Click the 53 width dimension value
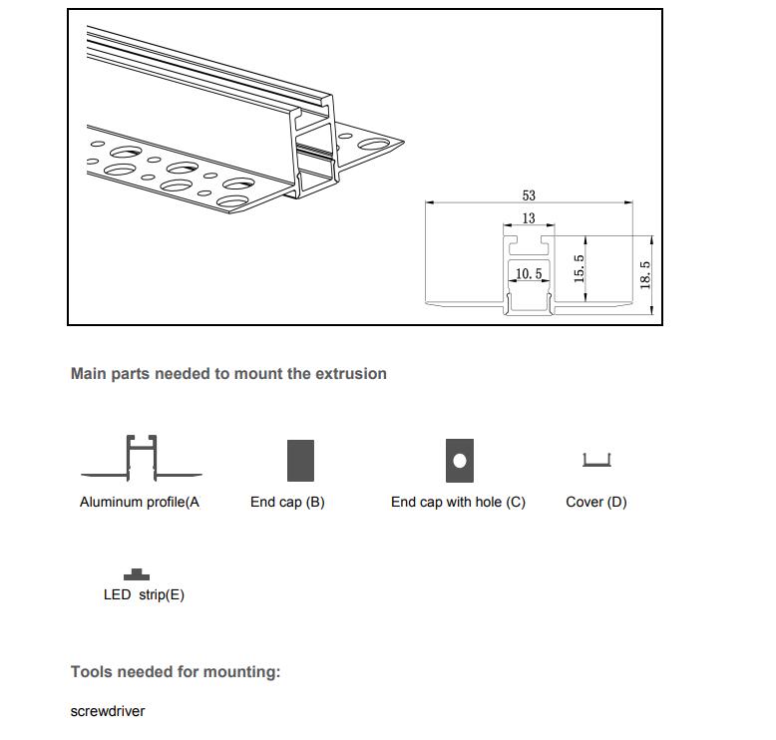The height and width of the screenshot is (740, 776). point(529,195)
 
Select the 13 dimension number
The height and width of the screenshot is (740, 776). point(529,218)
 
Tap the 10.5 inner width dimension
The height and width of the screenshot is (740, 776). point(529,273)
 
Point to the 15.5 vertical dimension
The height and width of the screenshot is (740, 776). point(580,269)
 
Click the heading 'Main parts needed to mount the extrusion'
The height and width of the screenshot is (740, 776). point(228,374)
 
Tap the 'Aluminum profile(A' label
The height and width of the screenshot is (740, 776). point(140,503)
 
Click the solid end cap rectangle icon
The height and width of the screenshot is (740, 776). point(300,461)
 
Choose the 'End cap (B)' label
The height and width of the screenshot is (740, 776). point(287,503)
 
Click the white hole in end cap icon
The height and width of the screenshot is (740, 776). point(460,461)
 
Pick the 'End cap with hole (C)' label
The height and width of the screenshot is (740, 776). point(458,503)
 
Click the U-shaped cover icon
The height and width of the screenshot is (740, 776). point(596,460)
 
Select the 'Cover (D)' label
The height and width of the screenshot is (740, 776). point(596,503)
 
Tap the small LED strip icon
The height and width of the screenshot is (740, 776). point(137,574)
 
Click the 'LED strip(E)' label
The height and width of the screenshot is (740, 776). point(144,595)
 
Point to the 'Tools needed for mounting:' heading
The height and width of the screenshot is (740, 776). point(176,672)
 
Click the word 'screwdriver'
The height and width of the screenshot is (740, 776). point(108,711)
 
